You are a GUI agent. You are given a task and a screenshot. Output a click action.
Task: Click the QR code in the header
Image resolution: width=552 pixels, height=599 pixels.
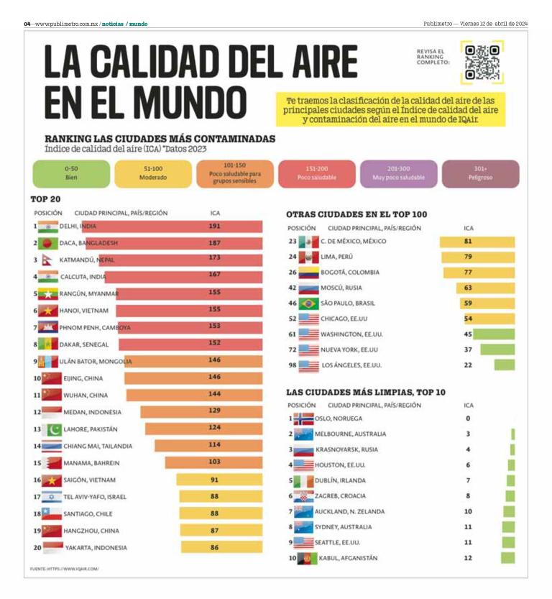pyautogui.click(x=482, y=63)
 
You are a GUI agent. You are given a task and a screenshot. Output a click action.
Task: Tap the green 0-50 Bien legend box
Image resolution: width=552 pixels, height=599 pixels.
pyautogui.click(x=71, y=173)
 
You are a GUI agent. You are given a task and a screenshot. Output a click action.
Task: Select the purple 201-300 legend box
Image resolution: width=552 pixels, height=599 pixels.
pyautogui.click(x=398, y=173)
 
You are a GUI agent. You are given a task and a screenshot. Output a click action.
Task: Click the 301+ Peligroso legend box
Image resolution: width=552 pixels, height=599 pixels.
pyautogui.click(x=481, y=173)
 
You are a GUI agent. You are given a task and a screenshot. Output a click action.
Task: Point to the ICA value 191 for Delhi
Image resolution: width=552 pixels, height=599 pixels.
pyautogui.click(x=214, y=226)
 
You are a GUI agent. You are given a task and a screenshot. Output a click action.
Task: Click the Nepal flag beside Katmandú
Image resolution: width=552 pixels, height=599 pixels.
pyautogui.click(x=47, y=260)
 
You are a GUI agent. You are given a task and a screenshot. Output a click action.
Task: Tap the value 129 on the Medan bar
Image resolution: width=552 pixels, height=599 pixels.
pyautogui.click(x=214, y=412)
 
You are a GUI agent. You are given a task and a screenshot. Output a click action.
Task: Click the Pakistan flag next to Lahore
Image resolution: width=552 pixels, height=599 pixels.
pyautogui.click(x=52, y=429)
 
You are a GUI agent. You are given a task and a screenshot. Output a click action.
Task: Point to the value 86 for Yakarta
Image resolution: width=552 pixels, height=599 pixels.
pyautogui.click(x=214, y=548)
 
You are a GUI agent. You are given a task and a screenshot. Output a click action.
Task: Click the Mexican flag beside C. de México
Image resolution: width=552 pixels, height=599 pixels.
pyautogui.click(x=308, y=242)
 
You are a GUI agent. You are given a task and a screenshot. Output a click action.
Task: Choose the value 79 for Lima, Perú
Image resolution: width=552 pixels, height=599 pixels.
pyautogui.click(x=468, y=257)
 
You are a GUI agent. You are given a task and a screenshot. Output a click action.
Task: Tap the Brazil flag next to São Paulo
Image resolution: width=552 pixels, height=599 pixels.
pyautogui.click(x=308, y=303)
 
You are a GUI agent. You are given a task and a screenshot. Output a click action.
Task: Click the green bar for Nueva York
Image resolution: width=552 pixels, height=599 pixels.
pyautogui.click(x=497, y=349)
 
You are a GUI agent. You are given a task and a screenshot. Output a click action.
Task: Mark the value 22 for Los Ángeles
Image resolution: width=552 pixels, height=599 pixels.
pyautogui.click(x=468, y=365)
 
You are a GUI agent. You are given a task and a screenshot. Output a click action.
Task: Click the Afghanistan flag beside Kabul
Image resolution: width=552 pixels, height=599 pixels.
pyautogui.click(x=305, y=558)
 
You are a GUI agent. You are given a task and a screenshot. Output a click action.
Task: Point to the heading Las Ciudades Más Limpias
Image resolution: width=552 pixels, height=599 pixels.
pyautogui.click(x=365, y=392)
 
